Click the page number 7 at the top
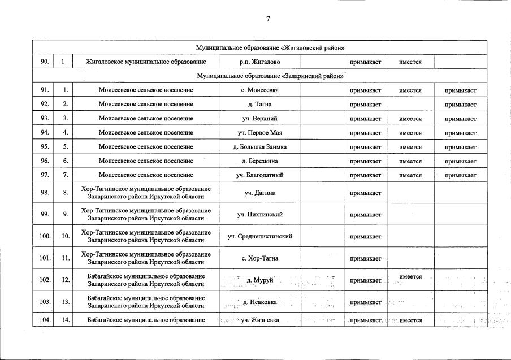click(268, 19)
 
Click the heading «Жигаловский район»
click(270, 47)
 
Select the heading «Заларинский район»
click(270, 76)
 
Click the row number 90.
click(43, 62)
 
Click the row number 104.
click(43, 320)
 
